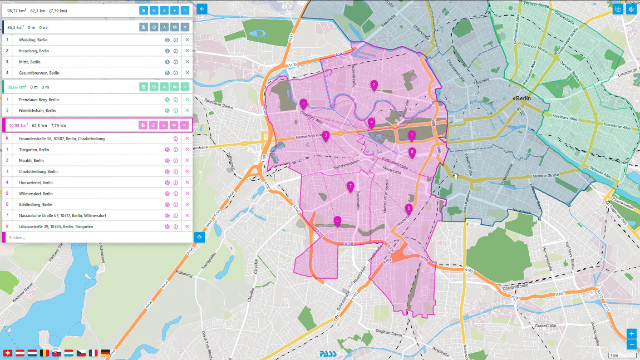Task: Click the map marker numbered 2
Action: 374,85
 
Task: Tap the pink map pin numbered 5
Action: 337,220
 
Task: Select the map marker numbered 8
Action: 412,151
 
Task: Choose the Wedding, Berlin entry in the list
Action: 34,40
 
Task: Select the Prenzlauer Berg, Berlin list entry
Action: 39,100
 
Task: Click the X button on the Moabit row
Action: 187,160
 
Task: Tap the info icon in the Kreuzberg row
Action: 175,51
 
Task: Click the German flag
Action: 105,353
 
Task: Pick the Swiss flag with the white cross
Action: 8,353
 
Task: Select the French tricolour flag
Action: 93,353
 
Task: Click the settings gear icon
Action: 631,9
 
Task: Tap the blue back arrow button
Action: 201,9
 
